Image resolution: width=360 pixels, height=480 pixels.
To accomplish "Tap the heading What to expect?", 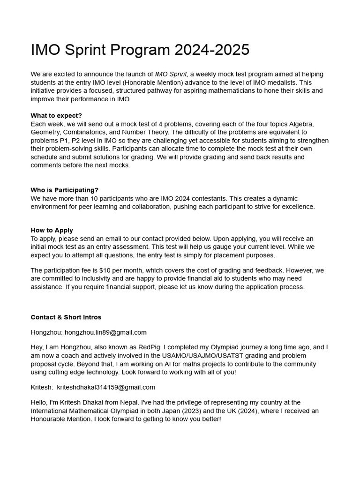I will click(56, 115).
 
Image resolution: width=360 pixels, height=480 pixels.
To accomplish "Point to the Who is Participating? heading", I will click(65, 190).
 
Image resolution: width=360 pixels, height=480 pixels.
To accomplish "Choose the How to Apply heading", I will click(52, 230).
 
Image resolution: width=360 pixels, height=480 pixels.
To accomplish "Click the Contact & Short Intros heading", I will click(66, 317).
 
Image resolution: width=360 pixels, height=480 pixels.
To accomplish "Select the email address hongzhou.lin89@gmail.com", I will click(105, 332).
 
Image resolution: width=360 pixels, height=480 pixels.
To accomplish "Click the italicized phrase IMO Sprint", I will click(172, 74).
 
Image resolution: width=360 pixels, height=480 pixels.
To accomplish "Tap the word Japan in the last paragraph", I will click(195, 411).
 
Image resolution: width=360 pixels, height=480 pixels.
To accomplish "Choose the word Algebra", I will click(301, 124).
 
